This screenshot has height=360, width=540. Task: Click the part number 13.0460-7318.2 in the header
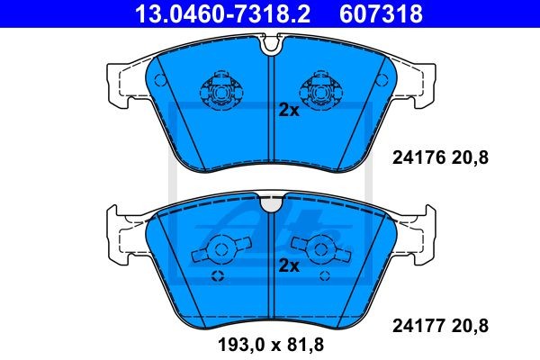(223, 14)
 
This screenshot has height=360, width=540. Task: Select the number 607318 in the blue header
(381, 14)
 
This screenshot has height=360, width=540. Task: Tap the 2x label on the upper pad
(289, 111)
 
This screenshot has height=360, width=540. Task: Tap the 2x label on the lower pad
(289, 265)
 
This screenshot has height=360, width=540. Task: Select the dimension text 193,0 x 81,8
(271, 345)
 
